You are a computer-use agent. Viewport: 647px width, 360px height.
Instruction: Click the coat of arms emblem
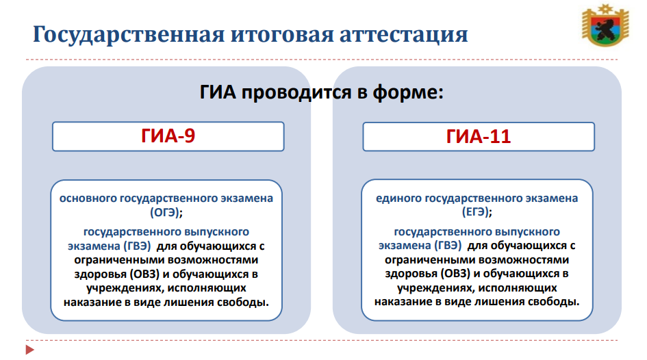click(x=605, y=25)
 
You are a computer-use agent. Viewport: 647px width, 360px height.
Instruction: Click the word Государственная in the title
click(x=129, y=35)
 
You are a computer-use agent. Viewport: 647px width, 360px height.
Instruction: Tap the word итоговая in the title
click(x=282, y=34)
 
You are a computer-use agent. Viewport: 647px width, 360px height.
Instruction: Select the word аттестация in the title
click(x=403, y=35)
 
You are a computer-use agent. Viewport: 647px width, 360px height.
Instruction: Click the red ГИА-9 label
click(x=168, y=136)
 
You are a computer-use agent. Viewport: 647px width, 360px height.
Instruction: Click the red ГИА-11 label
click(x=479, y=136)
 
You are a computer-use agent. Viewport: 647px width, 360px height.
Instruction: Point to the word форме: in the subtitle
click(x=408, y=92)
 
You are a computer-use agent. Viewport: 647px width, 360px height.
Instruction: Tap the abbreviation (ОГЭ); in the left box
click(x=166, y=212)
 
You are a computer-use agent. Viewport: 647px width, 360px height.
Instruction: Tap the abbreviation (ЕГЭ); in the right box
click(x=477, y=212)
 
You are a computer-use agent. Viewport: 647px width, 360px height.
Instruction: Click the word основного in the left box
click(x=88, y=198)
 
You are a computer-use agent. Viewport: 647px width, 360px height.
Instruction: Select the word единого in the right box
click(x=398, y=198)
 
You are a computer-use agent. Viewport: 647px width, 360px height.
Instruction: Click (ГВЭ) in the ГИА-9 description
click(x=137, y=246)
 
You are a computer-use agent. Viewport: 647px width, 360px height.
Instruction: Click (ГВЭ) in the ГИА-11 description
click(x=448, y=246)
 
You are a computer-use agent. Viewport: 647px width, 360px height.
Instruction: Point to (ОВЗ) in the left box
click(x=144, y=274)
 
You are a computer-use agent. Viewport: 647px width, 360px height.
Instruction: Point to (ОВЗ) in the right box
click(x=455, y=274)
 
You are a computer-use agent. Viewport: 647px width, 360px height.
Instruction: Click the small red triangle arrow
click(x=29, y=350)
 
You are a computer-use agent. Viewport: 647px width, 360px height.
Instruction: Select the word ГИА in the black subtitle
click(x=218, y=92)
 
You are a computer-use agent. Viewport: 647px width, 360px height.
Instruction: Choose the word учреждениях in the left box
click(x=125, y=288)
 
